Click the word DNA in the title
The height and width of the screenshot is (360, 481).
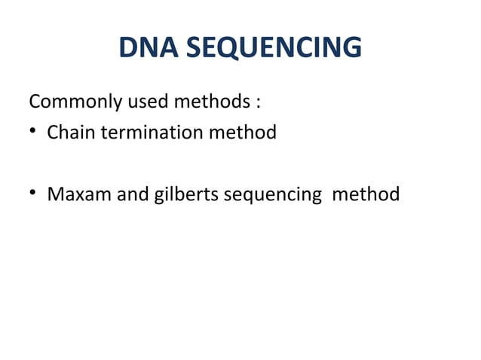[149, 48]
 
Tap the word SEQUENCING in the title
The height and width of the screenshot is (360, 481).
[272, 48]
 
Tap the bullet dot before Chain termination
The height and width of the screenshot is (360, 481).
[34, 133]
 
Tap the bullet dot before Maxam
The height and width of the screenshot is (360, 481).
[34, 195]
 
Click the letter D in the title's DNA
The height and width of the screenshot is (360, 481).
[129, 48]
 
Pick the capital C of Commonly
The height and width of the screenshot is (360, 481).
[34, 101]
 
